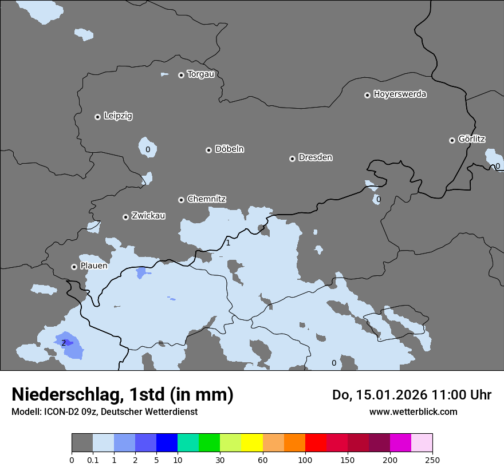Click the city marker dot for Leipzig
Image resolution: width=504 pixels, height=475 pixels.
(97, 117)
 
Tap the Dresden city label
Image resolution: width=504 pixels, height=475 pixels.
(315, 157)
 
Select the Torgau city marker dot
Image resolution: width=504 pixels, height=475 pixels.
(181, 75)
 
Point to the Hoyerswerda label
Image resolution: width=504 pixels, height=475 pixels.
(400, 94)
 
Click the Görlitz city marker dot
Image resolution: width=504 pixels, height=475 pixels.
(452, 140)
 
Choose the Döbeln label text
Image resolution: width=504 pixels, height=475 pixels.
(229, 149)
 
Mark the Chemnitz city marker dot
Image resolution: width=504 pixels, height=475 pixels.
(181, 200)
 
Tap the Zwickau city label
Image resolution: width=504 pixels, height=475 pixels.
(148, 216)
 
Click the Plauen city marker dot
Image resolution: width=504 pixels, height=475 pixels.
(74, 267)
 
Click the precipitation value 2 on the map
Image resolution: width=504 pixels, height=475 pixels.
(64, 343)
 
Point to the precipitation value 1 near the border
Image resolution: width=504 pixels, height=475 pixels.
(228, 243)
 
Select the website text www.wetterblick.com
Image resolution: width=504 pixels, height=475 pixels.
(413, 412)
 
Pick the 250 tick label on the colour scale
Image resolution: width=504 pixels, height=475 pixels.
(432, 459)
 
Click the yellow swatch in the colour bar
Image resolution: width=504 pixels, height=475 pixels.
(252, 443)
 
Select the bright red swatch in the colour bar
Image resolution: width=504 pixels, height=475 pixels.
(316, 443)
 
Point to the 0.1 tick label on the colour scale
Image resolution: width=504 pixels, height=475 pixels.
(93, 459)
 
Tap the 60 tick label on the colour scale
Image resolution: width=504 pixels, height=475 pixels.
(263, 459)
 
